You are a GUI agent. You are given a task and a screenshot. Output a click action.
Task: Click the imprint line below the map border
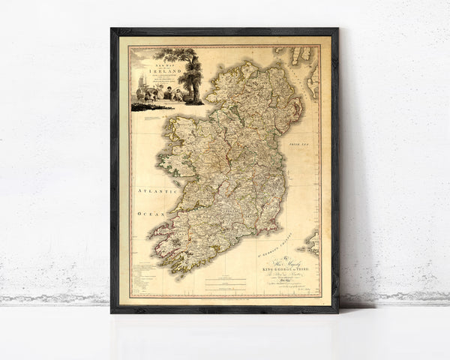(225, 299)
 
